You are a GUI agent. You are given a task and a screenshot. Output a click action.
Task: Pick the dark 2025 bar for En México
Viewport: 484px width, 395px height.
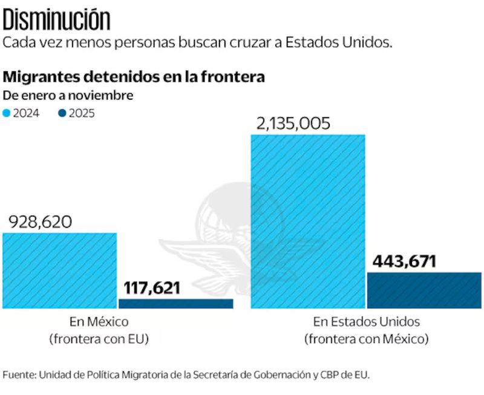tap(175, 304)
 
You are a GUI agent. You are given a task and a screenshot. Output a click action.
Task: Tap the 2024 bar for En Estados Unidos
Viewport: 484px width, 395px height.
tap(308, 221)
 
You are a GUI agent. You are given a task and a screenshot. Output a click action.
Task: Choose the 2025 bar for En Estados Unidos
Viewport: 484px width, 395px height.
tap(424, 290)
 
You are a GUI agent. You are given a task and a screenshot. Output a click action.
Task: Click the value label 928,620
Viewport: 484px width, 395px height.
tap(40, 222)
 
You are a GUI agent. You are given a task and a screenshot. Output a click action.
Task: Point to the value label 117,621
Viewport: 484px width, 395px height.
tap(152, 287)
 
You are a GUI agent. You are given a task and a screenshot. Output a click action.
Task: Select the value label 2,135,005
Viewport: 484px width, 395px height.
tap(293, 123)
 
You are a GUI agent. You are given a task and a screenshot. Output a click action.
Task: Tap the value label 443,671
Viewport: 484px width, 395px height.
tap(404, 262)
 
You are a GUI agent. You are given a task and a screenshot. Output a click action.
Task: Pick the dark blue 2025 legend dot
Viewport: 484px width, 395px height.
tap(62, 113)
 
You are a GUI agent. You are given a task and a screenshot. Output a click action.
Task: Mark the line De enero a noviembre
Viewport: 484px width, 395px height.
tap(68, 95)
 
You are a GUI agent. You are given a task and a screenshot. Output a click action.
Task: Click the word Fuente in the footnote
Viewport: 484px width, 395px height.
tap(19, 374)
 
